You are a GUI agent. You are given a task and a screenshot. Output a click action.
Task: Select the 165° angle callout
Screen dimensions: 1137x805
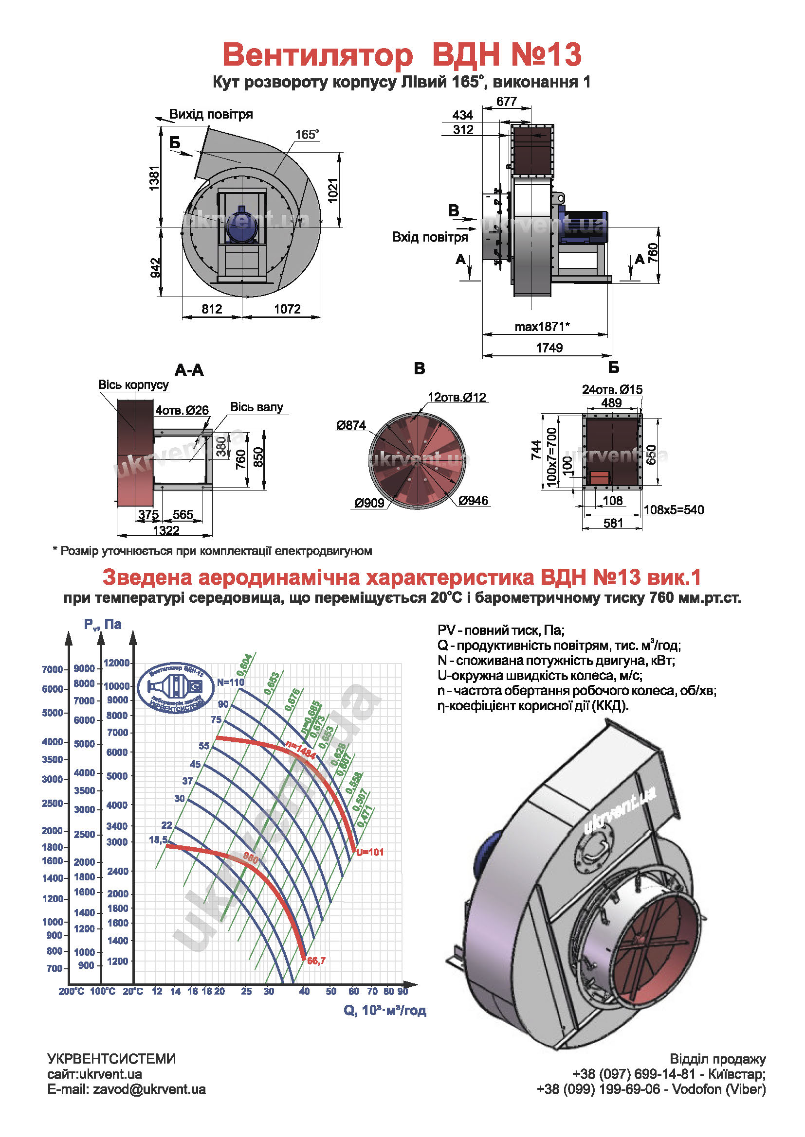[307, 135]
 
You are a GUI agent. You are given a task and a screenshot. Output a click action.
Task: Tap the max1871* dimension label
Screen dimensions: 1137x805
[542, 327]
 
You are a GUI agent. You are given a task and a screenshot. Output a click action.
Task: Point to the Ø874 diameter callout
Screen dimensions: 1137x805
[351, 425]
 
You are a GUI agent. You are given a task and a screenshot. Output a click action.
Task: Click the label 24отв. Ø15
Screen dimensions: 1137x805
[612, 390]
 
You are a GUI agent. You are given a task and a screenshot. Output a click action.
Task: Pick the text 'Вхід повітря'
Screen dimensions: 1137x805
[430, 237]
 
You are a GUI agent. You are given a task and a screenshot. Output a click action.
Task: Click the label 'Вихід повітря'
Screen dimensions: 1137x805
[211, 114]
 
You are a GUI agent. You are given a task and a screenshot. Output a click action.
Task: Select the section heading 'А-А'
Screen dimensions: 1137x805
[189, 370]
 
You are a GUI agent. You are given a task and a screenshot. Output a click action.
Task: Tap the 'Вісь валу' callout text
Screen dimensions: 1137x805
[256, 407]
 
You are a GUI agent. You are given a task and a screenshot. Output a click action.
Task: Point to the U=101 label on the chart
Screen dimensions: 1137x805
[370, 852]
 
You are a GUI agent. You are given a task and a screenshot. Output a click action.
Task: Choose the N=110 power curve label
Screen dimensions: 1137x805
[231, 682]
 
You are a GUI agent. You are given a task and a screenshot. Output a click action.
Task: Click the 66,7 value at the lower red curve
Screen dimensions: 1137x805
[316, 961]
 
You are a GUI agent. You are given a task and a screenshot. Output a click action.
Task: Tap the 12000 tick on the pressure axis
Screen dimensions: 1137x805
[116, 663]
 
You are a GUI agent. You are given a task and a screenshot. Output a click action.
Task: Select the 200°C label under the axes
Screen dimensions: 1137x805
[72, 991]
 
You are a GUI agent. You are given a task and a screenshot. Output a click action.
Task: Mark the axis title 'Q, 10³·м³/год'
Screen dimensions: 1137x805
[384, 1010]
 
